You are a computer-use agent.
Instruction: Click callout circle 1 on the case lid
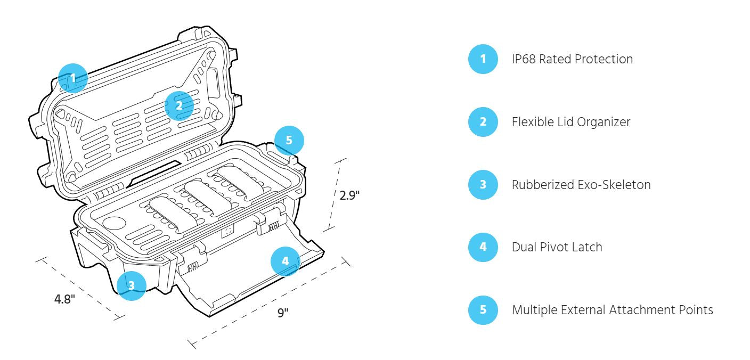(73, 78)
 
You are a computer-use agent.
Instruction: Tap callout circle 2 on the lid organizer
(179, 105)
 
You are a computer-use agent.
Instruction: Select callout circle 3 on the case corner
(131, 285)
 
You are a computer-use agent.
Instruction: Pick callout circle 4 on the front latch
(286, 261)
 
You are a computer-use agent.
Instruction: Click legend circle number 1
(483, 59)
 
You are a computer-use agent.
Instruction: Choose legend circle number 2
(483, 122)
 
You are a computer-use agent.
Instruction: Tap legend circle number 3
(483, 185)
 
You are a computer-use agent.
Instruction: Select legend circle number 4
(483, 247)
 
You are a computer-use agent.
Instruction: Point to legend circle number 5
(483, 310)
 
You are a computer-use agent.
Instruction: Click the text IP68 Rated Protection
(572, 59)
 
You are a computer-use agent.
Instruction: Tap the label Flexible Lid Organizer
(571, 122)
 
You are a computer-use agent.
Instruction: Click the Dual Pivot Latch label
(557, 247)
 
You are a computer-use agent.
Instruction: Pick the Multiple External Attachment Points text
(613, 310)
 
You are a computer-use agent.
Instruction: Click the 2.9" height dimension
(350, 195)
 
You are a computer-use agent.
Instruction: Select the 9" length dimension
(282, 312)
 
